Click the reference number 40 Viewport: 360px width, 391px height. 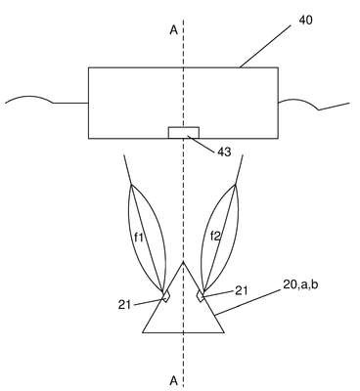click(305, 21)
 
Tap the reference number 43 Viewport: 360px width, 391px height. click(224, 152)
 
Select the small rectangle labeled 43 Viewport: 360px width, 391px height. click(184, 133)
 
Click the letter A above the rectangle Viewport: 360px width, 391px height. click(174, 30)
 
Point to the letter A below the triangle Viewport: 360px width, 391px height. click(174, 380)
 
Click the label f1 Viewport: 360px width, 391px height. click(139, 237)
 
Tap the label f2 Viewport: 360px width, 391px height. click(215, 236)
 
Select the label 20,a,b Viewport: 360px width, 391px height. click(300, 284)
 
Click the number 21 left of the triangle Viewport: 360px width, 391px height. click(124, 305)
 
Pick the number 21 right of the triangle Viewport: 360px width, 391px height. click(241, 290)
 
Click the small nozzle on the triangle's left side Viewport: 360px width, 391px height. click(166, 296)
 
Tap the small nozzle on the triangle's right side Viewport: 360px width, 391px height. click(201, 296)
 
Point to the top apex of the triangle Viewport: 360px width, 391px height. click(183, 262)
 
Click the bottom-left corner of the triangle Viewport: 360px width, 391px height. click(143, 332)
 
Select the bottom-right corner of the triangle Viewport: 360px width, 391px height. click(224, 332)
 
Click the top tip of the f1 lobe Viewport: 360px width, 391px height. click(131, 185)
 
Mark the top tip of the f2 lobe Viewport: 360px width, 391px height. click(235, 185)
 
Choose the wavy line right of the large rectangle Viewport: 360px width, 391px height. click(314, 105)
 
